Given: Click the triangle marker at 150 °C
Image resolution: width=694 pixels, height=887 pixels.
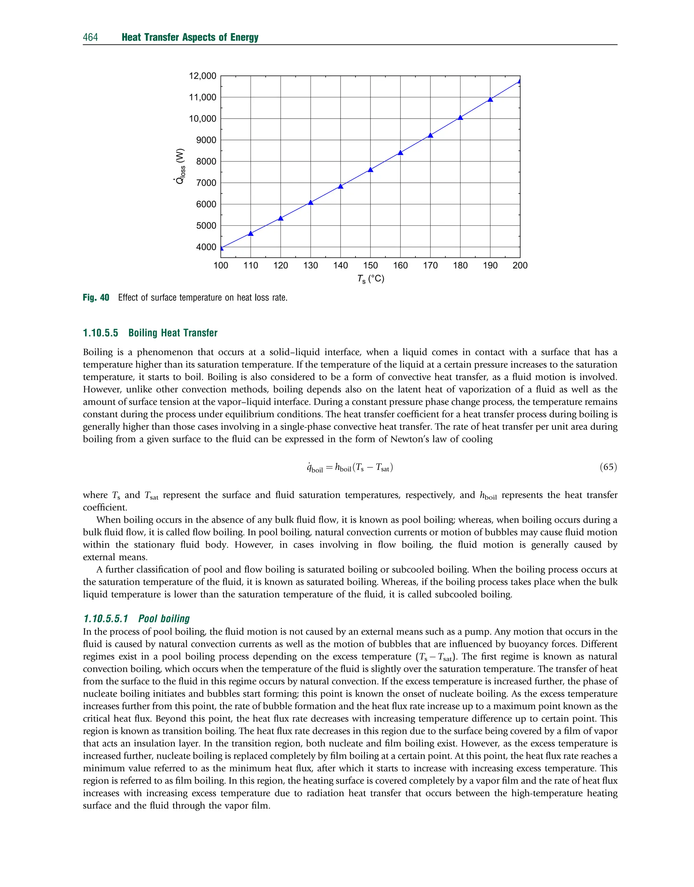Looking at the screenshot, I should point(370,170).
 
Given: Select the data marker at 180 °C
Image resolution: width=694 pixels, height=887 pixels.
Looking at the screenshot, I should point(461,117).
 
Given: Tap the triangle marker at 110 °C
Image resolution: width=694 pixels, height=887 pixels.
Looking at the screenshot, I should point(251,233).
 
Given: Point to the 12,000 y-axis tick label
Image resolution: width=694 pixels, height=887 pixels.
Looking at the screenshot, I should point(202,76).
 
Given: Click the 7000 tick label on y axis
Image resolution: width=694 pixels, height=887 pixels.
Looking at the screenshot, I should point(206,183).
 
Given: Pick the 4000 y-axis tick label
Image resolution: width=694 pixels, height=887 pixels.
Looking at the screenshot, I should point(206,247).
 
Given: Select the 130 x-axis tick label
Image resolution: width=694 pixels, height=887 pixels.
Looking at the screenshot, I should point(310,266).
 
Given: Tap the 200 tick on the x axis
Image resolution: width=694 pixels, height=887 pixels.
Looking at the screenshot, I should point(520,266).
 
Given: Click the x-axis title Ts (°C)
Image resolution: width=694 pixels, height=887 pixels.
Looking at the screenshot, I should point(371,279).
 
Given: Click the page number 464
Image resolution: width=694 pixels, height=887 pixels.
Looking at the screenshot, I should point(90,37).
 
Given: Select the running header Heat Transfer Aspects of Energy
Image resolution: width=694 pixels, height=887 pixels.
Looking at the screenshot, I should point(190,37).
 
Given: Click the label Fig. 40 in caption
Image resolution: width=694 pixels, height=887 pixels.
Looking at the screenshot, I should point(96,298).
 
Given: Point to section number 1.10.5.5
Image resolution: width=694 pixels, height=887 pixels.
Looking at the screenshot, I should point(100,333).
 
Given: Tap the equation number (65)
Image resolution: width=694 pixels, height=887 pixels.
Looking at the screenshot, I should point(608,467).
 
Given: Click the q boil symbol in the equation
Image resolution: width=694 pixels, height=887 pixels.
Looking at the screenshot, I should point(315,468).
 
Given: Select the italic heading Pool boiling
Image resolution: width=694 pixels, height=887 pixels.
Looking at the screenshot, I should point(164,619).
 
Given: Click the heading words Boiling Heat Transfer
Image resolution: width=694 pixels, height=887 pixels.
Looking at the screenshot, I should point(173,333).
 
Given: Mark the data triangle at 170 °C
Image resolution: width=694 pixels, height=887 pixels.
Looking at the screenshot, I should point(430,135).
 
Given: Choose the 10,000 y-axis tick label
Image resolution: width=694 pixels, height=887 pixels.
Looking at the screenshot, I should point(202,119).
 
